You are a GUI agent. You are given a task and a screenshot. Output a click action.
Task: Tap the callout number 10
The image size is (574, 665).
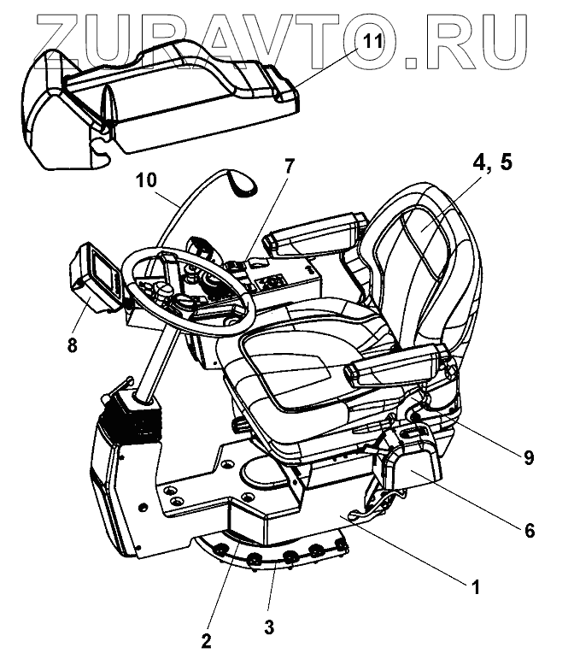(145, 180)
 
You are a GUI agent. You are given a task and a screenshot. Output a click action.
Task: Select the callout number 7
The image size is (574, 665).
(289, 166)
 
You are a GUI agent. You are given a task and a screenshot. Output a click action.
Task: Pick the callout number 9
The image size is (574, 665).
(528, 457)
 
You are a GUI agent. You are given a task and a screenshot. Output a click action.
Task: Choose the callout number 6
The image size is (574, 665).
(529, 531)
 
